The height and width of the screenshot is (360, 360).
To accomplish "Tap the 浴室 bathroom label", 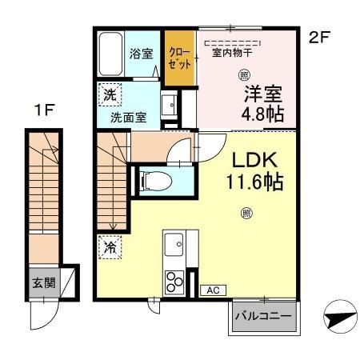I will pos(142,54).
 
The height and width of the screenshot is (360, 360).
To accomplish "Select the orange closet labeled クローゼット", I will pos(179,58).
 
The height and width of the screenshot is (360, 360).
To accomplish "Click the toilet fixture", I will pos(151,180).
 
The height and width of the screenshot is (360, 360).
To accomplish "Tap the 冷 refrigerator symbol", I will pos(109,247).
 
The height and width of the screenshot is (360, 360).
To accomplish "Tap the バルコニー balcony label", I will pos(263,314).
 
